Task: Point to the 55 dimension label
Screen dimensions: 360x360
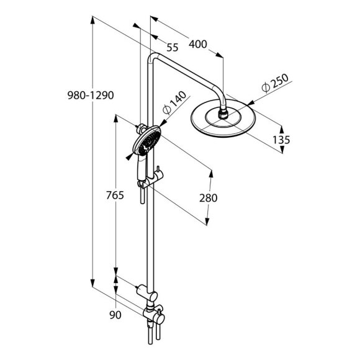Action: tap(173, 47)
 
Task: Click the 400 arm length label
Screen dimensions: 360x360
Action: tap(198, 45)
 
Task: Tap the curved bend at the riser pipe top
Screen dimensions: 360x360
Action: tap(153, 59)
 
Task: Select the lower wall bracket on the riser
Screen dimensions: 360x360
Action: tap(145, 289)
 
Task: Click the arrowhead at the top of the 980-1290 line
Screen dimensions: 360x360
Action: tap(92, 18)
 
